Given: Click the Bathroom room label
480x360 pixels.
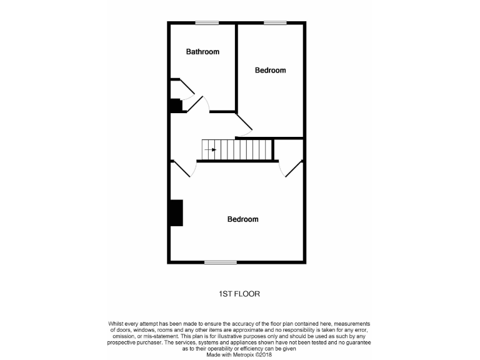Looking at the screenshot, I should pos(202,52).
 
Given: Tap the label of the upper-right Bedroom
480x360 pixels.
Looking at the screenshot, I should pos(270,70).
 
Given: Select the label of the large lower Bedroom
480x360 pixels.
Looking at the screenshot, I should pos(242,219).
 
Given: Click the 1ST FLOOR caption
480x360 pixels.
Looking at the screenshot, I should pos(239,293).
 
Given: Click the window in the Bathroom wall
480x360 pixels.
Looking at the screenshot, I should pos(207,23).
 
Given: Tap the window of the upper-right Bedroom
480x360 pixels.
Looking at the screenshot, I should pos(274,23).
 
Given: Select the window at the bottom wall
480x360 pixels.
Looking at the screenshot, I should pos(221,262).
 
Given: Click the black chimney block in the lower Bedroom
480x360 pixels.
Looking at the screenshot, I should pos(176,212).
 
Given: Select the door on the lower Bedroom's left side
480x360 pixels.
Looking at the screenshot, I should pos(181,167).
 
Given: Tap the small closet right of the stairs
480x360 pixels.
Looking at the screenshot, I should pos(289,149).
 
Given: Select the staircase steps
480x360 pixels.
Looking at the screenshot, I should pos(237,150).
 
